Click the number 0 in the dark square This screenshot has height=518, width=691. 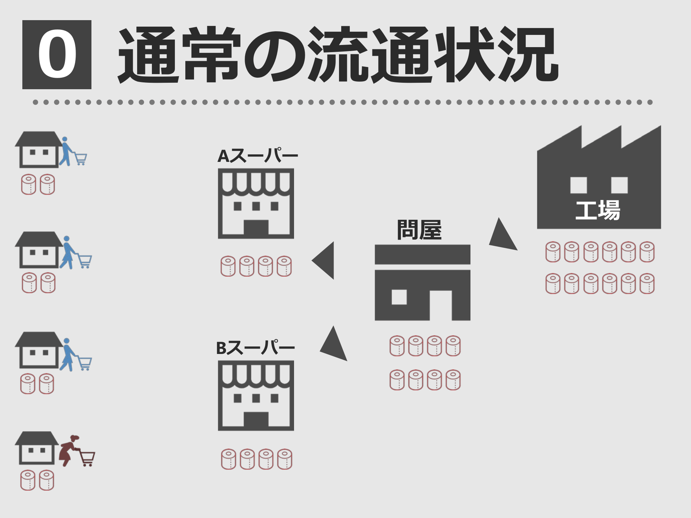click(57, 54)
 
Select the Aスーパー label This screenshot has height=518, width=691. click(258, 156)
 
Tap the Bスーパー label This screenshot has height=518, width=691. click(255, 348)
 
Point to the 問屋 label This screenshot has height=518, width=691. click(419, 230)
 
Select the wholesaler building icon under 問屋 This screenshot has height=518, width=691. click(422, 283)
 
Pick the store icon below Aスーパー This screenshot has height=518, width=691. click(256, 204)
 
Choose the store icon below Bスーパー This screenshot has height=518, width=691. click(256, 396)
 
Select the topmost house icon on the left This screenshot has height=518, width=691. click(39, 150)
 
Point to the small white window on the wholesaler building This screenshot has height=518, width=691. click(399, 297)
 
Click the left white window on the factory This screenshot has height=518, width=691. click(578, 185)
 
